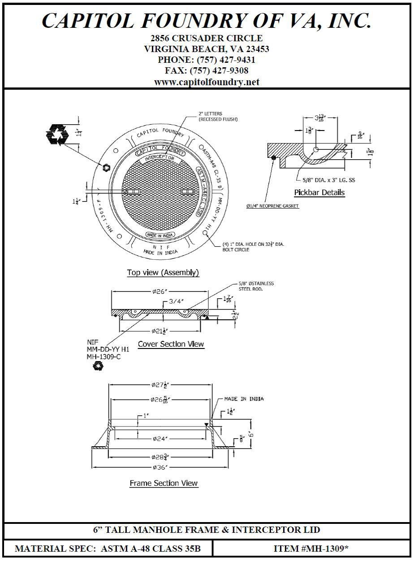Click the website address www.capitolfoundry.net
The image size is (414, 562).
pyautogui.click(x=207, y=82)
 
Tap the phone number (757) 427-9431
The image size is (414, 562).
pyautogui.click(x=223, y=60)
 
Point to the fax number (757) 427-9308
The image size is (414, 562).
pyautogui.click(x=219, y=71)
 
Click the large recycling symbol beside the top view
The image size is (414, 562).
pyautogui.click(x=56, y=134)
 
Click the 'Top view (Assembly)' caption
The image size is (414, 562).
pyautogui.click(x=163, y=272)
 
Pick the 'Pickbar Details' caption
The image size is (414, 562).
pyautogui.click(x=319, y=192)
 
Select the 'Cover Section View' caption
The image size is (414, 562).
pyautogui.click(x=171, y=344)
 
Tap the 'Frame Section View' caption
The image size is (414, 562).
pyautogui.click(x=164, y=483)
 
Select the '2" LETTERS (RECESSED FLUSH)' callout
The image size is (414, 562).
pyautogui.click(x=218, y=117)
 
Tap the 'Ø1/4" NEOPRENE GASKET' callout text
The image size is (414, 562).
pyautogui.click(x=272, y=206)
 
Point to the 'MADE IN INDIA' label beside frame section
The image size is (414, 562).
pyautogui.click(x=244, y=399)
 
